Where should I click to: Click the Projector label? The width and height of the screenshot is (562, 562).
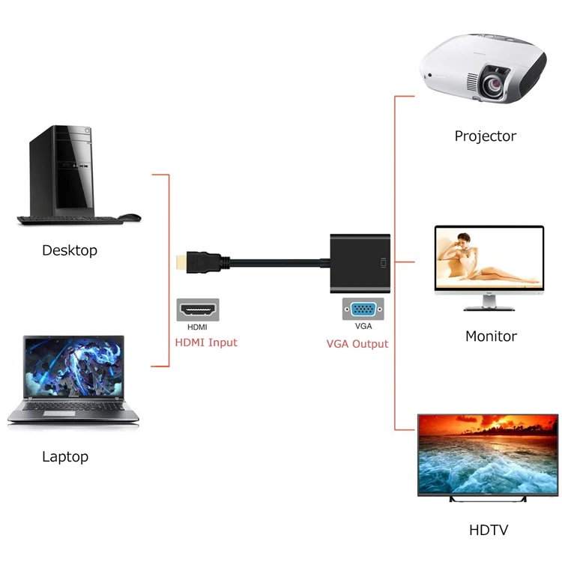pyautogui.click(x=485, y=136)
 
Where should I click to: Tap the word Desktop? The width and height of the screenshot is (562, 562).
pyautogui.click(x=70, y=250)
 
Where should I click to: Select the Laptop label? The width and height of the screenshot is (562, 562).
pyautogui.click(x=65, y=456)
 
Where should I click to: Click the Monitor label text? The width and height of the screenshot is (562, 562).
pyautogui.click(x=491, y=336)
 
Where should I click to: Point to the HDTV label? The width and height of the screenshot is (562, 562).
pyautogui.click(x=489, y=531)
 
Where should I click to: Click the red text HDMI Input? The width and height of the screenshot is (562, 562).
pyautogui.click(x=205, y=342)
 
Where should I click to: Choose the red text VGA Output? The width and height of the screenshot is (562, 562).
pyautogui.click(x=357, y=344)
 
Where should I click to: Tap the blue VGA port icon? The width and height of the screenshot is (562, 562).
pyautogui.click(x=363, y=309)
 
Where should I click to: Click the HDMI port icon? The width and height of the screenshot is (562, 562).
pyautogui.click(x=198, y=309)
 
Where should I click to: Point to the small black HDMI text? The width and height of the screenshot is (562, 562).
pyautogui.click(x=198, y=327)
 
